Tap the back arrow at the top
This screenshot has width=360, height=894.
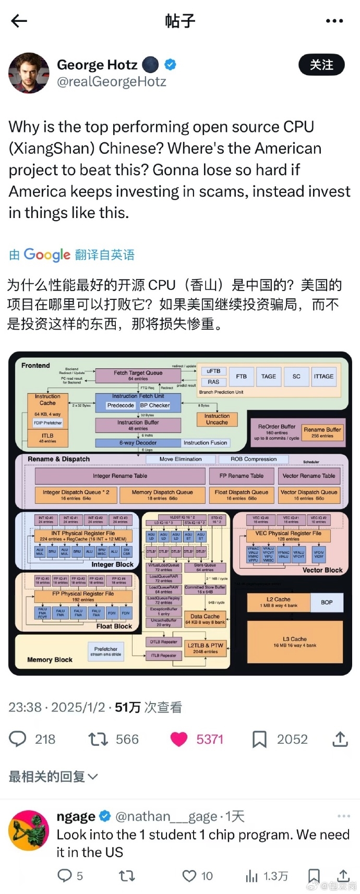click(x=19, y=21)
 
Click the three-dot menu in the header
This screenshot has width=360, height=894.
click(x=334, y=21)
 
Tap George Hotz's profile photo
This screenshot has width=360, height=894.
click(x=29, y=73)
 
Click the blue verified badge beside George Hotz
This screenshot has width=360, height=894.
click(x=170, y=65)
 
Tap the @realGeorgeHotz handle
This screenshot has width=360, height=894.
click(x=111, y=82)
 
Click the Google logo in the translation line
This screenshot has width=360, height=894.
click(x=47, y=255)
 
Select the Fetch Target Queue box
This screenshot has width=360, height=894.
click(x=138, y=375)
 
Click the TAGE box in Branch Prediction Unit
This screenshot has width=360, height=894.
click(x=269, y=376)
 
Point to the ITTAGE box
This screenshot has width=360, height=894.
click(x=323, y=376)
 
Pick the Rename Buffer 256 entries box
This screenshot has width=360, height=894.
click(x=322, y=432)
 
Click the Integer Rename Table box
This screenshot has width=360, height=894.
click(x=120, y=476)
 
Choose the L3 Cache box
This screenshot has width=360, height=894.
click(x=295, y=642)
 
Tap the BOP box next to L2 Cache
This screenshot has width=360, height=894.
click(x=327, y=602)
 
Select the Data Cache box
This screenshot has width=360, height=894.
click(x=205, y=619)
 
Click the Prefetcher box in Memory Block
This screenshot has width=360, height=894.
click(x=106, y=651)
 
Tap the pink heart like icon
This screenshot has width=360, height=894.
click(x=179, y=739)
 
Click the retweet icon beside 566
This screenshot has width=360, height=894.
click(x=98, y=739)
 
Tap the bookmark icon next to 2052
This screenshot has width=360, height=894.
click(x=259, y=739)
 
